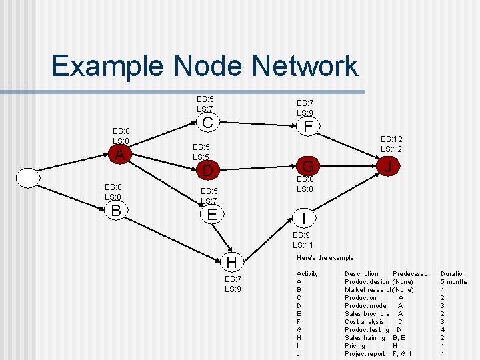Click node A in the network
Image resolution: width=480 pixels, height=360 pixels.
coord(119,154)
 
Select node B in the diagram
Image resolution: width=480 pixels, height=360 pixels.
coord(116,211)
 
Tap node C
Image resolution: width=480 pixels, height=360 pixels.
coord(207,123)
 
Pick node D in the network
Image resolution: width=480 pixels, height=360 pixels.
coord(207,171)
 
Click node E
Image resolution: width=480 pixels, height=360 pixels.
coord(212,214)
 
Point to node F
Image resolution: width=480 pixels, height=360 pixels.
coord(307,126)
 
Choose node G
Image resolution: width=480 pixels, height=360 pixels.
coord(308,165)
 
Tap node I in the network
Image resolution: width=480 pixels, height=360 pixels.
coord(304,218)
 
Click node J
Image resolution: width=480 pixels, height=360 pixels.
coord(387,165)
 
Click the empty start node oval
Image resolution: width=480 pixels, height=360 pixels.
coord(29,179)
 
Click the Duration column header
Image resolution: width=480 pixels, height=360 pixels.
coord(453,274)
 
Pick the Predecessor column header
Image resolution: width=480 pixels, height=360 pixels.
coord(411,274)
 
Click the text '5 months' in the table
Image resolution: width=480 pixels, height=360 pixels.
coord(454,282)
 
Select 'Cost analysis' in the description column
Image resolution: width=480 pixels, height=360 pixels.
coord(364,322)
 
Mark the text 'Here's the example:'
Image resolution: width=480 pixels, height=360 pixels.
coord(326,258)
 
